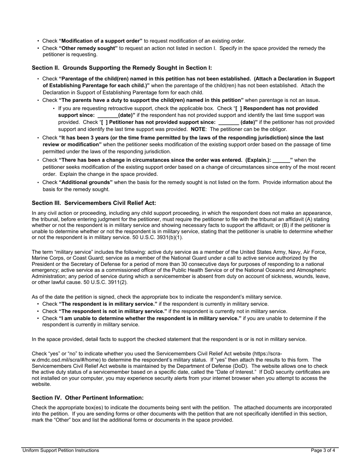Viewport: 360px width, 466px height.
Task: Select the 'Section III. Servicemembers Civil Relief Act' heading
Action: [x=94, y=203]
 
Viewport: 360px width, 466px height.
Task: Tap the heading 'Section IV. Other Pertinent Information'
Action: [x=88, y=398]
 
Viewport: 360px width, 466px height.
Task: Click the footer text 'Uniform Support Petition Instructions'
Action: [x=61, y=450]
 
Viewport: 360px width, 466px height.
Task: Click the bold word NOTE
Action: [x=198, y=129]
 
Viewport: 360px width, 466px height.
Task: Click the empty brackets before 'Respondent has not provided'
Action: [x=239, y=108]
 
